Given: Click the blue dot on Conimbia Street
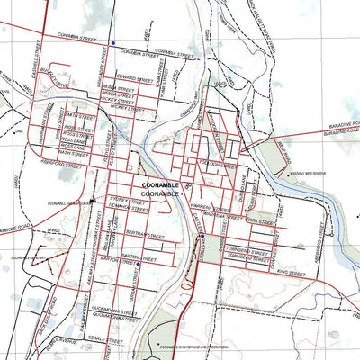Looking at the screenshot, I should [112, 42].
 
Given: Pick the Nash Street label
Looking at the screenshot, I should [75, 155].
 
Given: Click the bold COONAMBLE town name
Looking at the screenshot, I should [161, 185].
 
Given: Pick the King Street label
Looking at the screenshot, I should [287, 267].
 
